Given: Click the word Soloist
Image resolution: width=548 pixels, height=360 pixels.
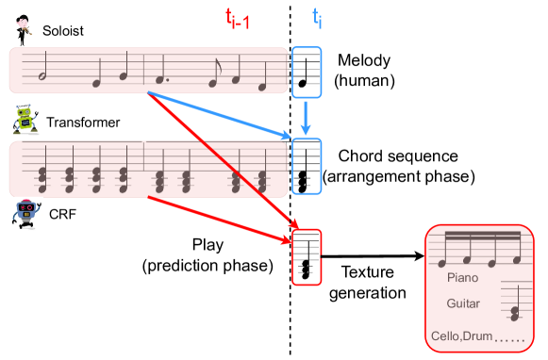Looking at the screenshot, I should pos(64,31).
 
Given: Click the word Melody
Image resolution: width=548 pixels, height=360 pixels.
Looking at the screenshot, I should pos(362,61).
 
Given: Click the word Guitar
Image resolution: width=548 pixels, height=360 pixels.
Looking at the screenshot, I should pos(464,304).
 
